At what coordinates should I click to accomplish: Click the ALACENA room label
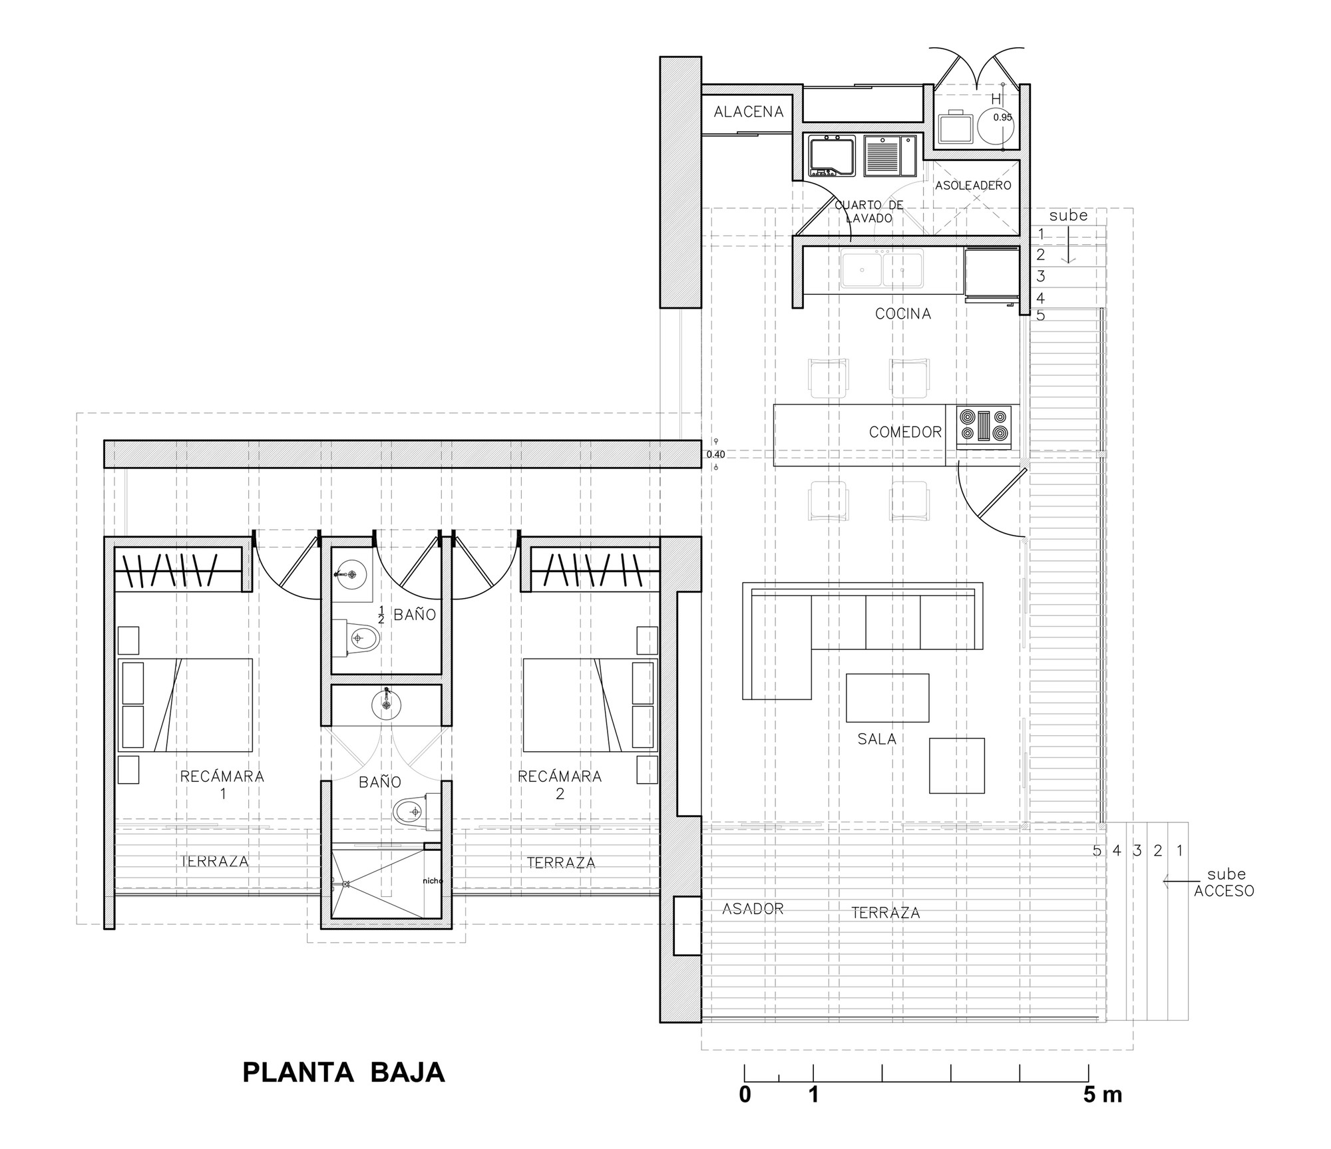click(x=749, y=112)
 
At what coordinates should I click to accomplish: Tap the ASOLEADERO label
click(x=973, y=186)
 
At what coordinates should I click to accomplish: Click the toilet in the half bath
click(x=355, y=639)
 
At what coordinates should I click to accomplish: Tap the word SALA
click(x=877, y=739)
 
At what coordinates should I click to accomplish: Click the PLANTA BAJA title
click(x=343, y=1072)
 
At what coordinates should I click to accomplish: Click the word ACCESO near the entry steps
click(x=1224, y=891)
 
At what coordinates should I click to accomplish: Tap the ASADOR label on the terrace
click(x=753, y=908)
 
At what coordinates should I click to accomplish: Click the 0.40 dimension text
click(x=715, y=454)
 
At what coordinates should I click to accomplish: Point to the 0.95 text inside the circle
click(x=1002, y=117)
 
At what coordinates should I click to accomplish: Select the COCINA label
click(x=903, y=313)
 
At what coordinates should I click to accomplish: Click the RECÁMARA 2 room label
click(x=560, y=784)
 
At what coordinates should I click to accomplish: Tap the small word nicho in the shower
click(x=433, y=880)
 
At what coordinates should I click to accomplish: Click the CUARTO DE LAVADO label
click(x=869, y=212)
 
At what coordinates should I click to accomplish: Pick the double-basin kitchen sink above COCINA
click(x=882, y=268)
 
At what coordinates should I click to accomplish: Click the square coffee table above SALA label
click(x=888, y=698)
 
